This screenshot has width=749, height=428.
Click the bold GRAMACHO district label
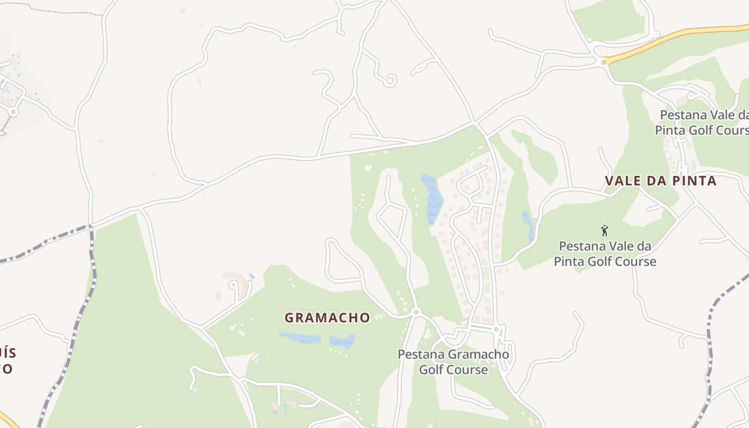tap(327, 318)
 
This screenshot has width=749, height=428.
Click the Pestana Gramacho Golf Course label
tap(453, 362)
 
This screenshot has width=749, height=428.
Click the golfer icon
tap(605, 231)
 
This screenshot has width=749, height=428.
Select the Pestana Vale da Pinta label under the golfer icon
tap(605, 254)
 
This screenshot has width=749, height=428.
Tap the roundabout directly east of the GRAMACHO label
tap(416, 311)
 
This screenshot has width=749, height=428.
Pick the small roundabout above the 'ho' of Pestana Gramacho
tap(496, 328)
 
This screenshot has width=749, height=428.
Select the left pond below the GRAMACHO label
tap(300, 338)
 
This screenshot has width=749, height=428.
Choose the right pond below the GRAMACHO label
tap(342, 340)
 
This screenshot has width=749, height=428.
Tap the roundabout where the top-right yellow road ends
tap(603, 63)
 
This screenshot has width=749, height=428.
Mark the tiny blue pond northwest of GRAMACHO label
tap(252, 276)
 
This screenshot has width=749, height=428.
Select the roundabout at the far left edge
tap(13, 112)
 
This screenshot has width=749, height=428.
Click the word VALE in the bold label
tap(623, 181)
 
